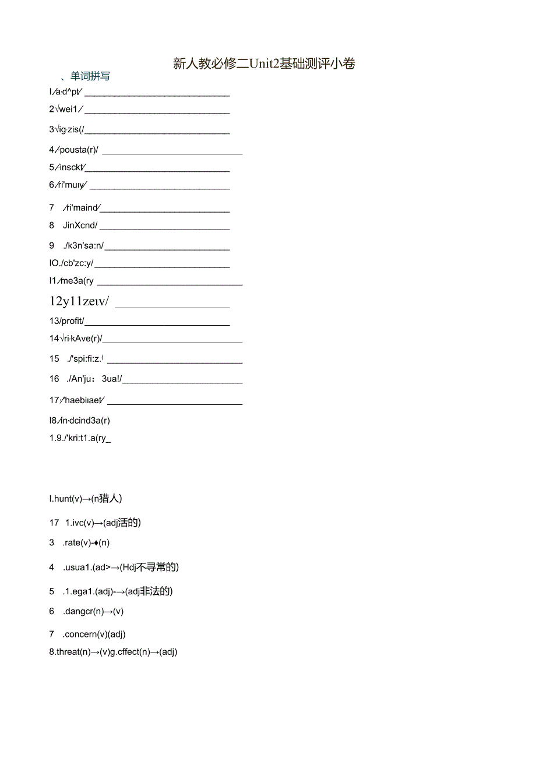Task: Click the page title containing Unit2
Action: point(264,64)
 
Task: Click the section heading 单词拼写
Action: point(90,76)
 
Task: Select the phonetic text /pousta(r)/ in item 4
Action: point(77,150)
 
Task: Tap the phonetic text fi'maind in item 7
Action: point(82,207)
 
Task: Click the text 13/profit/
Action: point(67,321)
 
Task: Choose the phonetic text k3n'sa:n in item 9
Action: point(85,246)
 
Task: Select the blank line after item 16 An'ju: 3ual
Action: point(182,383)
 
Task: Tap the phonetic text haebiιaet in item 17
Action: point(80,400)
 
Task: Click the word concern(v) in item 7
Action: point(85,634)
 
